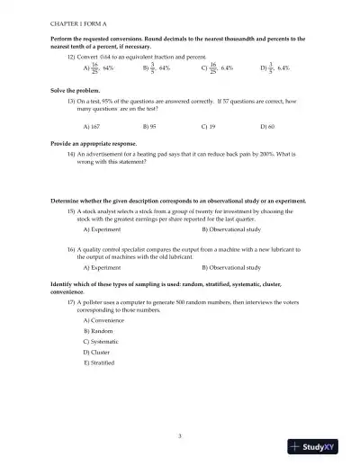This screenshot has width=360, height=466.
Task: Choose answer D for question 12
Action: tap(274, 67)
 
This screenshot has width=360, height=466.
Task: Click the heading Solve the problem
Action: tap(73, 91)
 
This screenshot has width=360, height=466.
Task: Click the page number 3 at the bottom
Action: tap(180, 435)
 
